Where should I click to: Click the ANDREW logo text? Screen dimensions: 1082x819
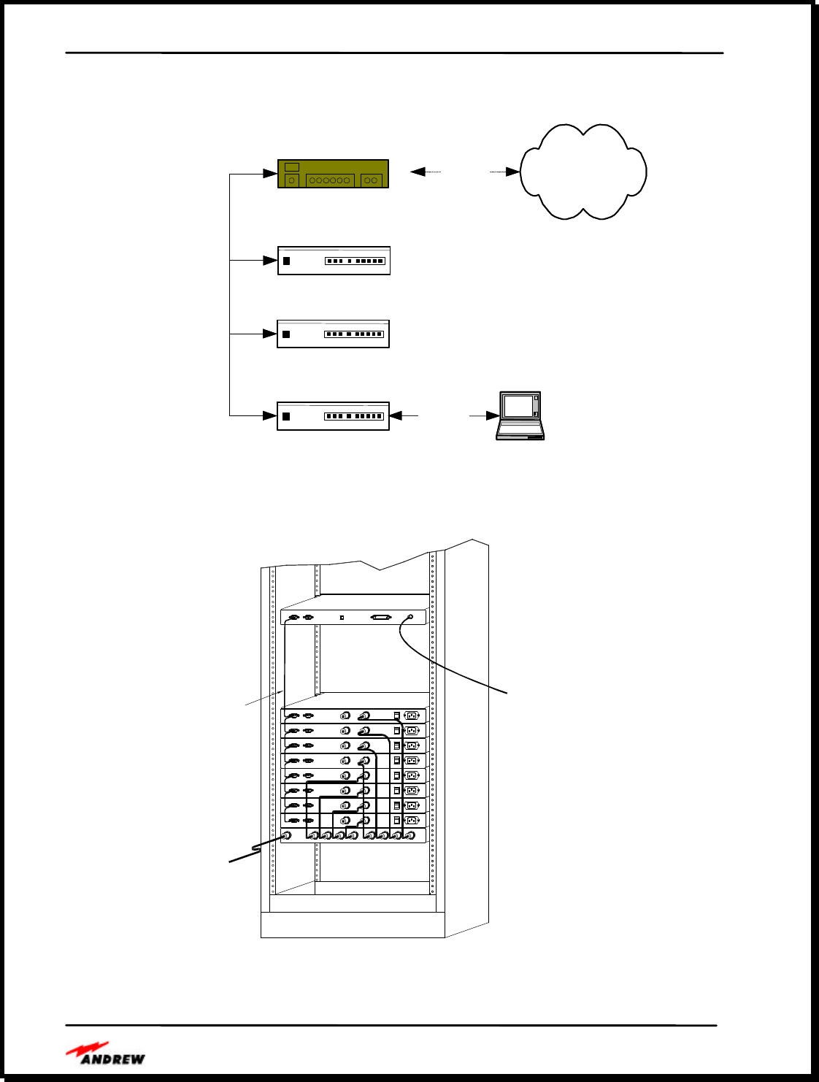click(112, 1059)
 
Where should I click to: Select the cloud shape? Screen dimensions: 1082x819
click(582, 172)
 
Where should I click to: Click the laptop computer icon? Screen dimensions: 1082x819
click(520, 415)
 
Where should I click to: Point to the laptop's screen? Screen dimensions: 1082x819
click(518, 406)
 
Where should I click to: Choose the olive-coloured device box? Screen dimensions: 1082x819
click(333, 174)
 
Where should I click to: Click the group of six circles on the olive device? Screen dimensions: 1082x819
click(329, 180)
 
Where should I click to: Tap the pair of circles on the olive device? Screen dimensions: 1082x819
click(371, 180)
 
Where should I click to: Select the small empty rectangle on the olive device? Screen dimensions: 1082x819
click(292, 167)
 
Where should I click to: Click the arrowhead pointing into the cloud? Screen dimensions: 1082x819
click(512, 172)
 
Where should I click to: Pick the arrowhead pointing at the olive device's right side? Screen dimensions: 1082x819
click(418, 172)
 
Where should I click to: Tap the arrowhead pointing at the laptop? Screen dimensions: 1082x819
click(492, 416)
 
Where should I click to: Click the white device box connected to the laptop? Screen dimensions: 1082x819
click(333, 416)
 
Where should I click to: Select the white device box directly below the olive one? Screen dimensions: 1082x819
click(334, 261)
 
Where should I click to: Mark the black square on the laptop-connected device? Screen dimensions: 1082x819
click(286, 416)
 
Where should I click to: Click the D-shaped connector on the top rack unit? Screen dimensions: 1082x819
click(380, 618)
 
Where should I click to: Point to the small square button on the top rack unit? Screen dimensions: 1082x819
click(342, 618)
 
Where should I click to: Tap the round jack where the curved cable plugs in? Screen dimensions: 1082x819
click(409, 618)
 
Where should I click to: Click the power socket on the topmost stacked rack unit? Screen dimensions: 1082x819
click(412, 715)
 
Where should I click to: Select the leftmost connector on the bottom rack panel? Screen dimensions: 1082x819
click(287, 836)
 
